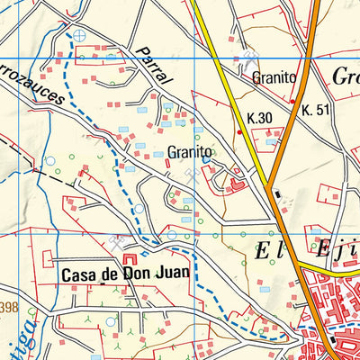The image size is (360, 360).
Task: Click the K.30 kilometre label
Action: click(x=259, y=118)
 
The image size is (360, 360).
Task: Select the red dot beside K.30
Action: click(x=238, y=132)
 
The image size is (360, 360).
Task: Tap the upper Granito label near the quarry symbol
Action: click(x=274, y=78)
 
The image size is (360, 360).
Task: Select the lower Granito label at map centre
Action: click(x=190, y=153)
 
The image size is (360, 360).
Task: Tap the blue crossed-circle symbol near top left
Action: click(x=81, y=35)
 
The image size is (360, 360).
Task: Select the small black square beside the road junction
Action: click(x=279, y=194)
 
